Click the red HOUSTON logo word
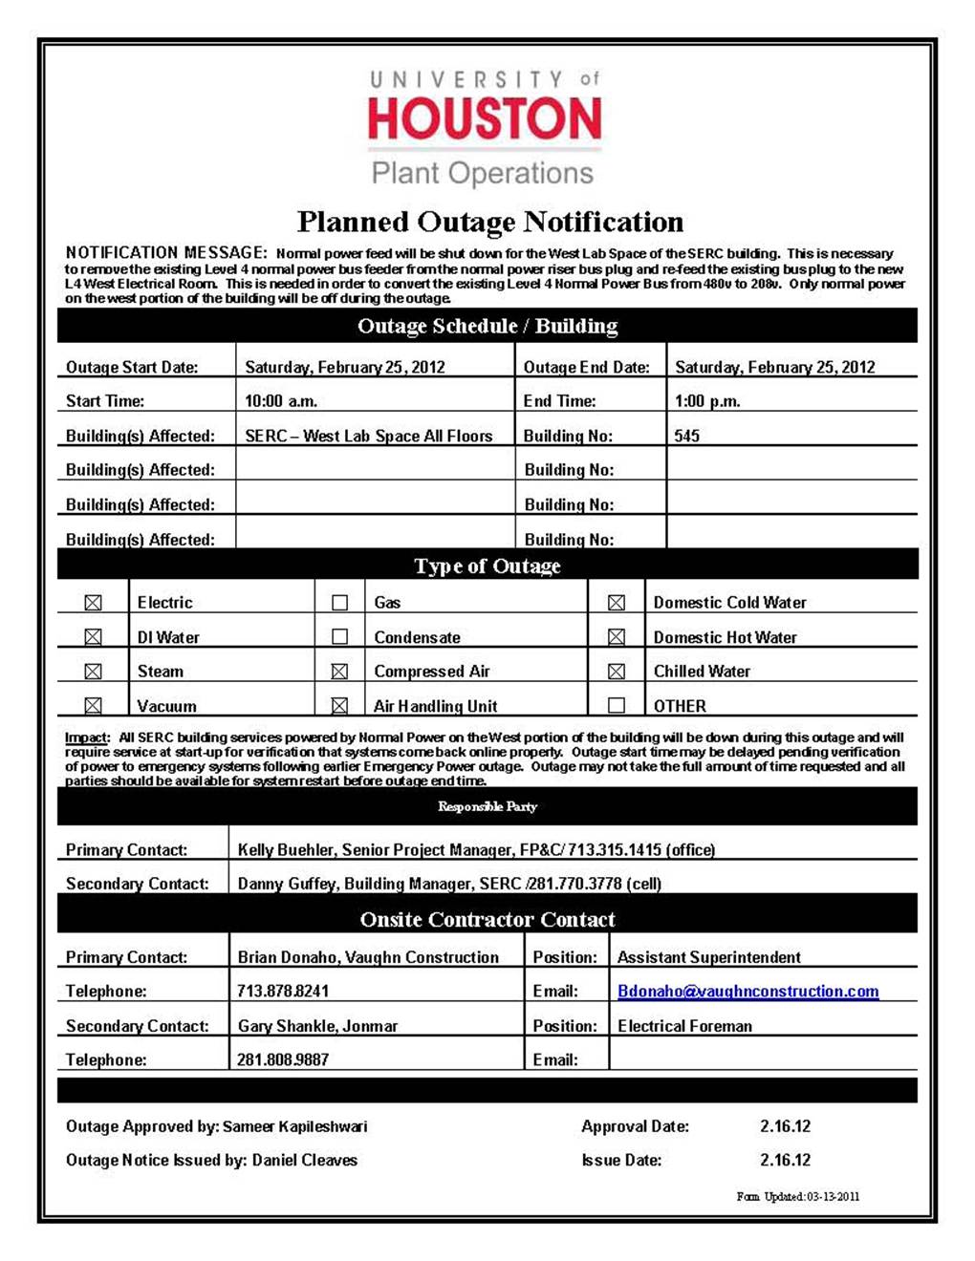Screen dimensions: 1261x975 485,119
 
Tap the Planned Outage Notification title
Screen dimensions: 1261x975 489,223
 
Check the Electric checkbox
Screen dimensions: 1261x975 93,603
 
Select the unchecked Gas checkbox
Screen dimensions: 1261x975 339,603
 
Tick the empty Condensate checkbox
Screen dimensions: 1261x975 339,637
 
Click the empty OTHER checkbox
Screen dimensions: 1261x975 617,706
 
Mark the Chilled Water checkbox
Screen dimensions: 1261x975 617,672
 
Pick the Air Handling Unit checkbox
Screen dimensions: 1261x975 339,706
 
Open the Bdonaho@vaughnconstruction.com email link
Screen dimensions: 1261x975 747,992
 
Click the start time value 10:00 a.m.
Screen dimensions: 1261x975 281,401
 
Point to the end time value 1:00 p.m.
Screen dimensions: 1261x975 707,401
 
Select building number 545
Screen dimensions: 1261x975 686,436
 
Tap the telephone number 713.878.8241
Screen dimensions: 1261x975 283,992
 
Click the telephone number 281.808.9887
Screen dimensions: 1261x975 283,1059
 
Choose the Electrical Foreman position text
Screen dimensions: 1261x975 684,1026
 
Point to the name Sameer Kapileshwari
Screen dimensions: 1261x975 295,1126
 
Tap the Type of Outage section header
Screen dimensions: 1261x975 487,566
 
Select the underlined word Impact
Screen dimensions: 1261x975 86,737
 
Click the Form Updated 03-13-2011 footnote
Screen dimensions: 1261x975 798,1197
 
